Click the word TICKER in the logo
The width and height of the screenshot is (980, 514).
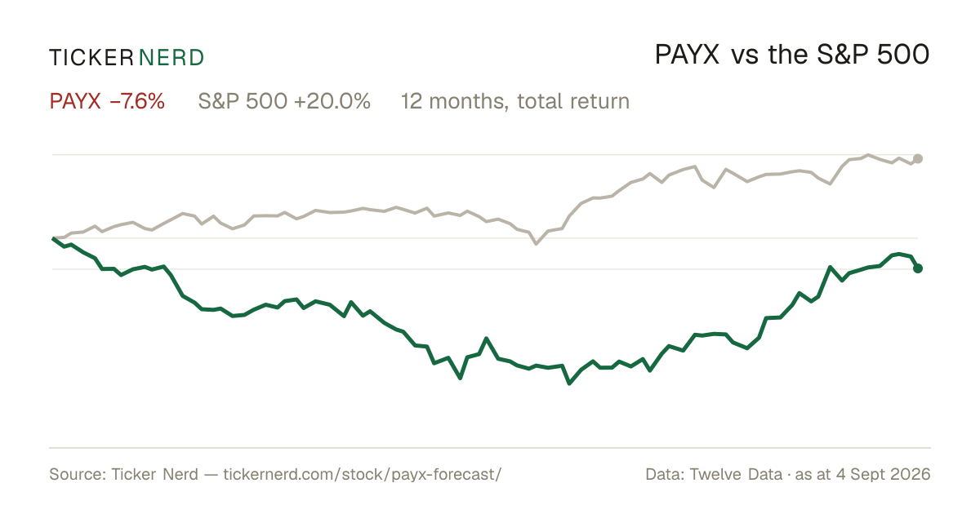tap(91, 58)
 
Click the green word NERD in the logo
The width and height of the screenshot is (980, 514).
tap(171, 58)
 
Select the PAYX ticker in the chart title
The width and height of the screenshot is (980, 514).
tap(687, 55)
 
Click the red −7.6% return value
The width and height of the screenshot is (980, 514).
tap(137, 101)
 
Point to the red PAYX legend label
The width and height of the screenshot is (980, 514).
tap(75, 101)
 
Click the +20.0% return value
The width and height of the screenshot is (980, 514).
tap(332, 101)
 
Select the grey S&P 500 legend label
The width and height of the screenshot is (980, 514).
tap(243, 101)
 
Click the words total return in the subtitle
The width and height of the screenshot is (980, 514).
tap(573, 101)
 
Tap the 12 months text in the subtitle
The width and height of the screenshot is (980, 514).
tap(455, 102)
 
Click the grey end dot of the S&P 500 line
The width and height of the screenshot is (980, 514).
tap(918, 158)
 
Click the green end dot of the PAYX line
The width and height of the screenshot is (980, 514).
tap(918, 268)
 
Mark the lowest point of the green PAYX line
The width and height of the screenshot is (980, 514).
tap(569, 383)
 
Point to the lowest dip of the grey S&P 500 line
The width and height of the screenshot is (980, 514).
tap(537, 243)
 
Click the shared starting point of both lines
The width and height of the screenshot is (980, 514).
tap(53, 238)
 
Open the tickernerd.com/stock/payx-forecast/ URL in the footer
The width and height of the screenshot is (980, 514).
tap(363, 474)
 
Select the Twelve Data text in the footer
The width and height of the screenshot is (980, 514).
tap(736, 474)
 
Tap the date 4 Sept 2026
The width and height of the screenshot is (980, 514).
tap(884, 475)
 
